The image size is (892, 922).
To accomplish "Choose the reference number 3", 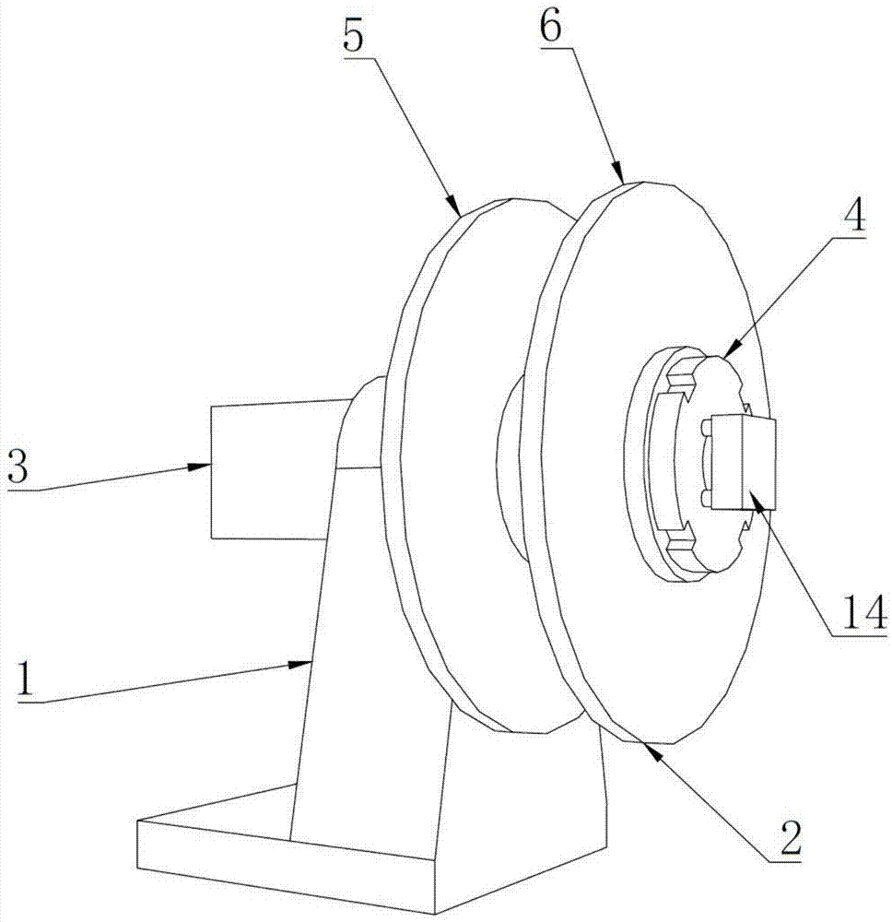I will tap(19, 467).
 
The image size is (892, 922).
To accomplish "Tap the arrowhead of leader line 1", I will tap(311, 660).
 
